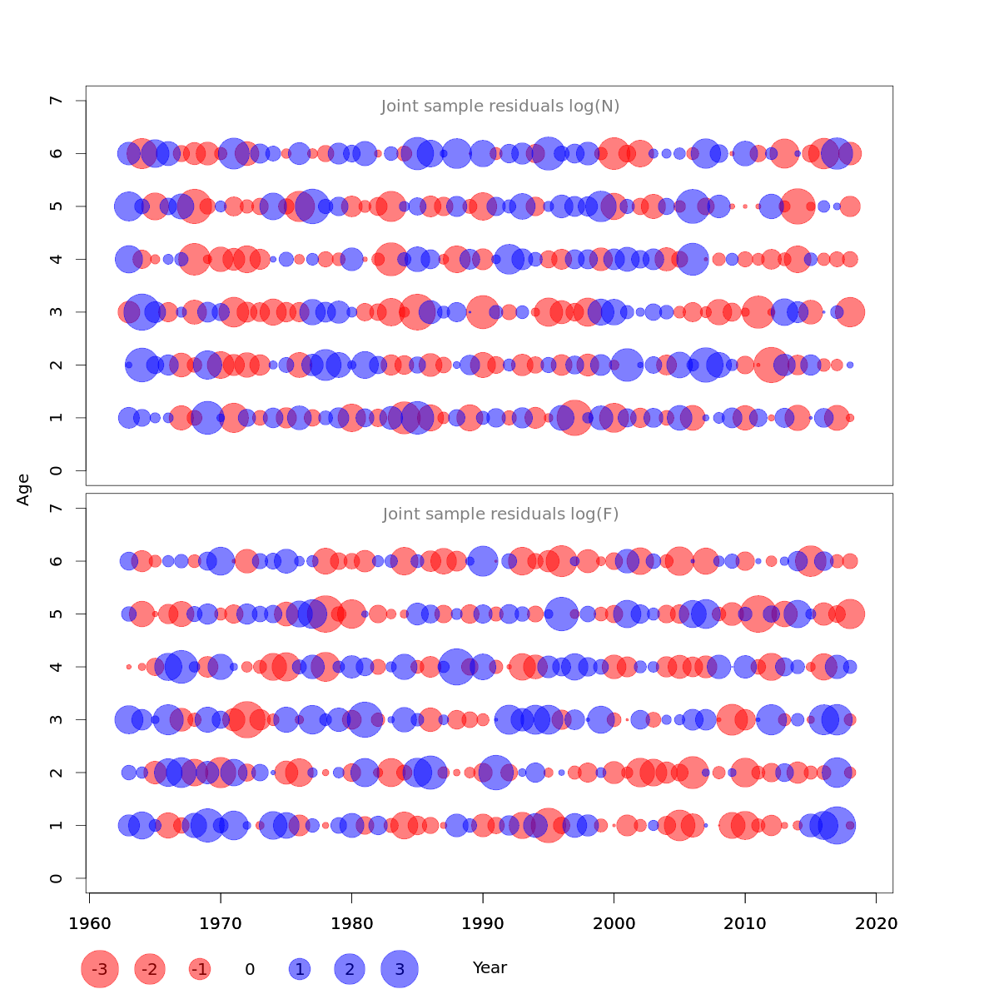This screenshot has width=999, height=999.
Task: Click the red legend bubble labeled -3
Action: coord(100,969)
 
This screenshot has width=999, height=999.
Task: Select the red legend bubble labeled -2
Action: coord(150,969)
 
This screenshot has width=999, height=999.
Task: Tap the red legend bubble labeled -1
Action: coord(199,969)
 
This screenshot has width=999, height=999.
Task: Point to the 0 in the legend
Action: coord(250,969)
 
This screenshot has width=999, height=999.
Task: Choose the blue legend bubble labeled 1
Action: coord(300,969)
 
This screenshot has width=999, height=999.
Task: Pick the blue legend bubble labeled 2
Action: coord(350,969)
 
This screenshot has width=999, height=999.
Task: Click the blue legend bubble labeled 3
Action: coord(400,969)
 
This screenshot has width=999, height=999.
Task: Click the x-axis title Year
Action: coord(490,967)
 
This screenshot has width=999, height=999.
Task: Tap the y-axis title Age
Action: coord(23,489)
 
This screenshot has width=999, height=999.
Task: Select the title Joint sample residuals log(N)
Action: coord(500,107)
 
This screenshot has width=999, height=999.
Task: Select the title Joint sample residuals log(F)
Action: coord(500,514)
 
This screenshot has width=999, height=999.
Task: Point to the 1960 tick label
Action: coord(89,923)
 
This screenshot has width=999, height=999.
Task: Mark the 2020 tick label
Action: coord(876,923)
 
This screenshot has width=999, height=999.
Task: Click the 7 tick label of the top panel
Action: coord(57,101)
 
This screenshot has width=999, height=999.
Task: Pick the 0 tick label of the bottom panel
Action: coord(57,878)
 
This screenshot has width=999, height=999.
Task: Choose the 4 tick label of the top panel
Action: coord(57,259)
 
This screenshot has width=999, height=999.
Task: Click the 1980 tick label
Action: coord(351,923)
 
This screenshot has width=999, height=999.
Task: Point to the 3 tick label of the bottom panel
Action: coord(57,719)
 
